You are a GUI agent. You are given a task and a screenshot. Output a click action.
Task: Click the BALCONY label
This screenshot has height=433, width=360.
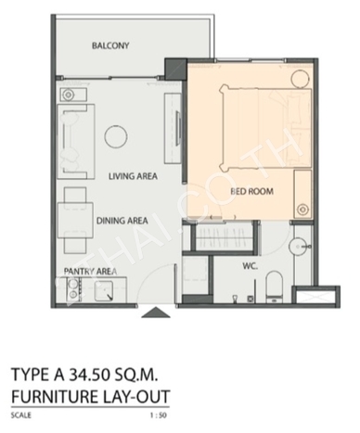tap(110, 45)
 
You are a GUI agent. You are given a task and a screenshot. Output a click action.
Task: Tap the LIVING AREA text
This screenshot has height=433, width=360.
tap(133, 176)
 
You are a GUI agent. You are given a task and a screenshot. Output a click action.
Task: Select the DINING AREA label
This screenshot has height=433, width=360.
tap(122, 221)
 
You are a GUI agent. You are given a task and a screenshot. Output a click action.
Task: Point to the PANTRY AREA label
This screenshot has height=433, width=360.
tap(90, 272)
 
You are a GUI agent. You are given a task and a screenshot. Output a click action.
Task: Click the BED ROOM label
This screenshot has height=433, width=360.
tap(251, 191)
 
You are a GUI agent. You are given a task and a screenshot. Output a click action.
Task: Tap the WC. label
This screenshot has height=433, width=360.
tap(251, 266)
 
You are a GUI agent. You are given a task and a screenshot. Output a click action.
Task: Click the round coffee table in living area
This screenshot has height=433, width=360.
tap(116, 136)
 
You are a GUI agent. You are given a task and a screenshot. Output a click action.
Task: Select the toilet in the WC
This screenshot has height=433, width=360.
tap(275, 287)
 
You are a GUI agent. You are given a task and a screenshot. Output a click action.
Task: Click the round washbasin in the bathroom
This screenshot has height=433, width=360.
tap(299, 247)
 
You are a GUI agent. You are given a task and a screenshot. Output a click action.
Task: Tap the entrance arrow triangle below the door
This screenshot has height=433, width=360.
tap(156, 312)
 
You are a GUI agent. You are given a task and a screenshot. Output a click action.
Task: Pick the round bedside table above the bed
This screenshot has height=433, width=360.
tap(300, 79)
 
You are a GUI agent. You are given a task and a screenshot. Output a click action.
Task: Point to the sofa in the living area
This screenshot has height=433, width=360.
tap(76, 142)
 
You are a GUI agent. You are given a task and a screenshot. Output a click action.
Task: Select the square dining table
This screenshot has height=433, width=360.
tap(76, 220)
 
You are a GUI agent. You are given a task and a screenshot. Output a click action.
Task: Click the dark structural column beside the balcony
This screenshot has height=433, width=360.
tap(175, 69)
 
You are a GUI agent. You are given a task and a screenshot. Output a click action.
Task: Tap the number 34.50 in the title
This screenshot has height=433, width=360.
tap(89, 375)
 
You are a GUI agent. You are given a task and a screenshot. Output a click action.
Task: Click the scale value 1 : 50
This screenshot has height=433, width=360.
tap(159, 415)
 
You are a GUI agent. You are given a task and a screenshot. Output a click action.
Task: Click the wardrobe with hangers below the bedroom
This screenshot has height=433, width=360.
tap(224, 237)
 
